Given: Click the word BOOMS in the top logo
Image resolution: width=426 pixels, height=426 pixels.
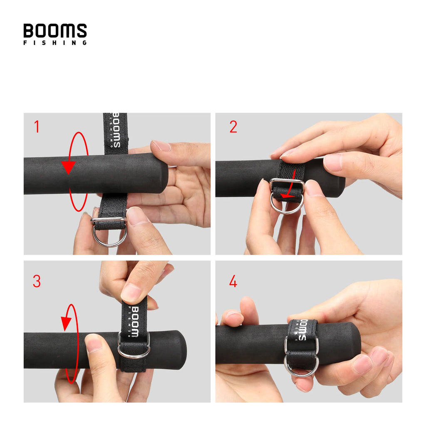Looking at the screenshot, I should click(x=55, y=31).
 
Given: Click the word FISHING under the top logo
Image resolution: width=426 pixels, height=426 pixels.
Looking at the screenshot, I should click(x=55, y=42).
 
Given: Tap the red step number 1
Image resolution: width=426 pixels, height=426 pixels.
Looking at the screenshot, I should click(x=37, y=127).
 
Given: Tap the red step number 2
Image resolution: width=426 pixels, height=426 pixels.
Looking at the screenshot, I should click(x=233, y=127).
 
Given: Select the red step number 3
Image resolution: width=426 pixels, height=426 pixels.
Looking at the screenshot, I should click(x=37, y=282).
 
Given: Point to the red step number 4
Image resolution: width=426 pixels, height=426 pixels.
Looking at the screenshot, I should click(x=233, y=282).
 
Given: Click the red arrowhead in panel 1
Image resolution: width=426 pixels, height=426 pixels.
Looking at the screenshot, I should click(x=68, y=167).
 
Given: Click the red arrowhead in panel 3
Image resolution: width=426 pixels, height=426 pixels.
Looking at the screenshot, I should click(x=66, y=323).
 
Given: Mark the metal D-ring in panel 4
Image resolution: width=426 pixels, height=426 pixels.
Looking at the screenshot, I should click(x=301, y=366).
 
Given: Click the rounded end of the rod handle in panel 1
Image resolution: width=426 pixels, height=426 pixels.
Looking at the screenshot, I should click(x=163, y=174).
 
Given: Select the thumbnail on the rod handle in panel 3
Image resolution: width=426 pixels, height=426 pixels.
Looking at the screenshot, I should click(x=94, y=344).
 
